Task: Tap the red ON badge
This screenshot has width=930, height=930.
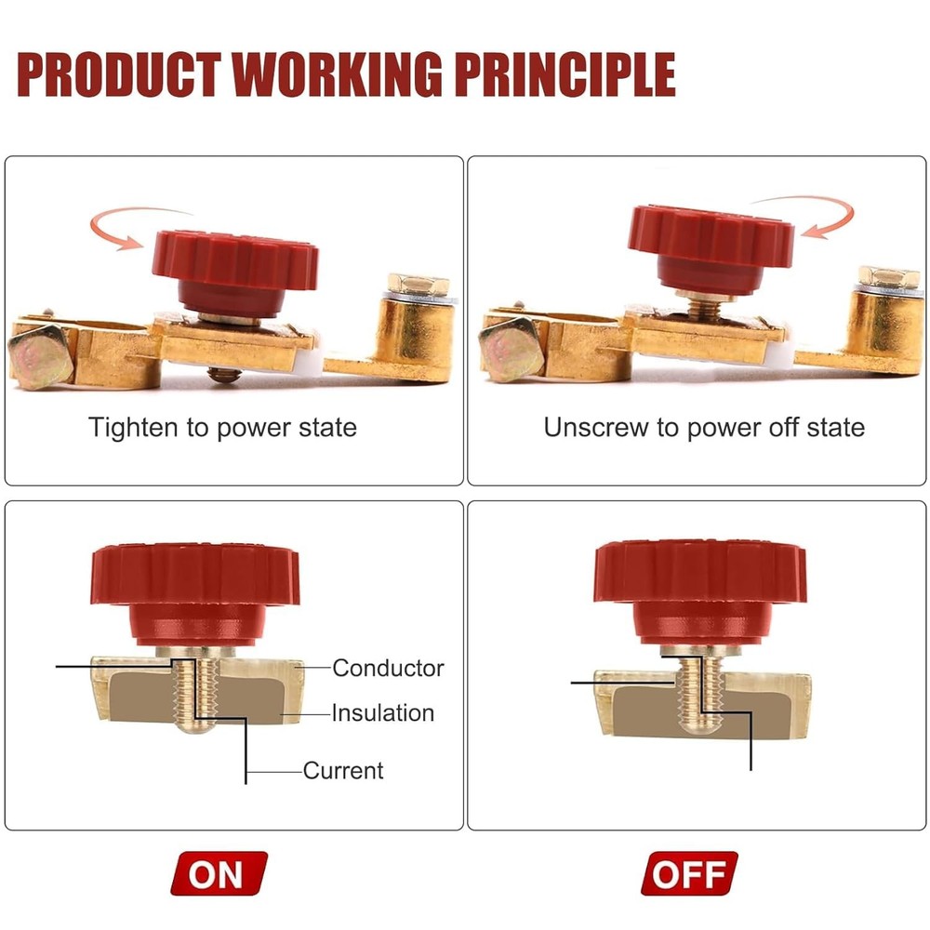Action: point(219,874)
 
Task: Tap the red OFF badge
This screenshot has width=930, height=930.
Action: point(689,874)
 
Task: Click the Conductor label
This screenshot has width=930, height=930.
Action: point(388,668)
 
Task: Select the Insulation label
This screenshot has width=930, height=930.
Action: point(383,713)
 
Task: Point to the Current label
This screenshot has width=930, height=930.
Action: point(343,770)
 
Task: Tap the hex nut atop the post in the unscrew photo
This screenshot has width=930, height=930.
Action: point(887,277)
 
